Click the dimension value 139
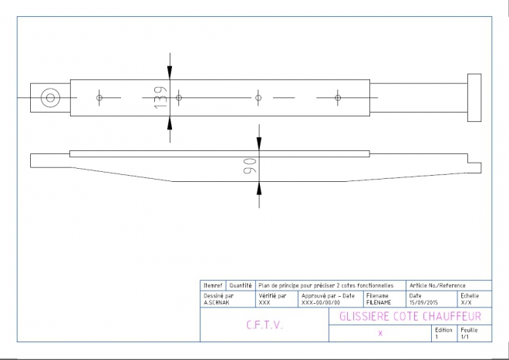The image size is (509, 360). click(161, 97)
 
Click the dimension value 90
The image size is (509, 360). click(250, 166)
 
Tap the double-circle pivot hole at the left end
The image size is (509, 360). click(50, 98)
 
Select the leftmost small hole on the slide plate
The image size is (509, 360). click(99, 98)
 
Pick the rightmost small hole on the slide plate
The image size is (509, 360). click(338, 98)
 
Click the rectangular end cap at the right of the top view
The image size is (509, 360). click(474, 98)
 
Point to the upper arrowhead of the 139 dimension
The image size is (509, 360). click(170, 72)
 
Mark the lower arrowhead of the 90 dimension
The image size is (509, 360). click(259, 188)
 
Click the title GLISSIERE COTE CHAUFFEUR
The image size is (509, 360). click(410, 316)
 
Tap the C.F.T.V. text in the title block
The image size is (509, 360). click(265, 325)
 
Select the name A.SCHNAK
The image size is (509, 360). click(216, 302)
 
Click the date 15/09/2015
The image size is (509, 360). click(423, 302)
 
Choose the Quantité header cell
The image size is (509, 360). click(241, 286)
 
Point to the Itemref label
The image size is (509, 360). click(213, 286)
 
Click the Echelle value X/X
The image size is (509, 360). click(466, 302)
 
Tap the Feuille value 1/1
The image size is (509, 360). click(464, 337)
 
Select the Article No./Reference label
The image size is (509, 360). click(437, 286)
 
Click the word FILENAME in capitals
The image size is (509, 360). click(379, 302)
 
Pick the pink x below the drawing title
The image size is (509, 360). click(380, 333)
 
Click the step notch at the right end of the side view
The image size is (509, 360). click(474, 163)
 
